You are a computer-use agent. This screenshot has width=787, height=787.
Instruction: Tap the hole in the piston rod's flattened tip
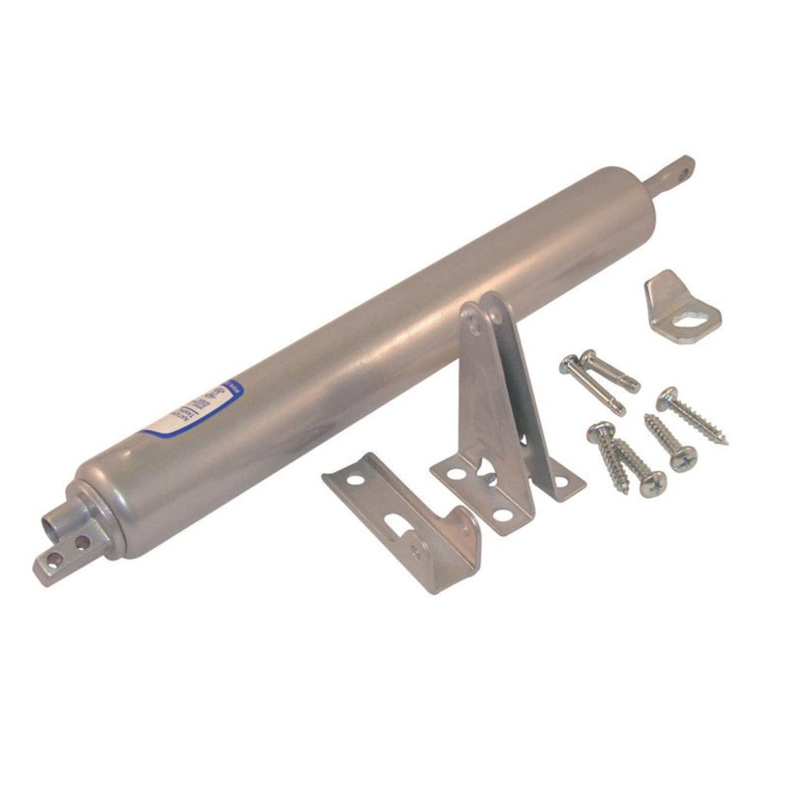[x=680, y=166]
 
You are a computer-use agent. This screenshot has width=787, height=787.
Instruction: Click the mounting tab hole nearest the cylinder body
[x=82, y=542]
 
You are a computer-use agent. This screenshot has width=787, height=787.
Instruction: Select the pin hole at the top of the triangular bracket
[x=477, y=317]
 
